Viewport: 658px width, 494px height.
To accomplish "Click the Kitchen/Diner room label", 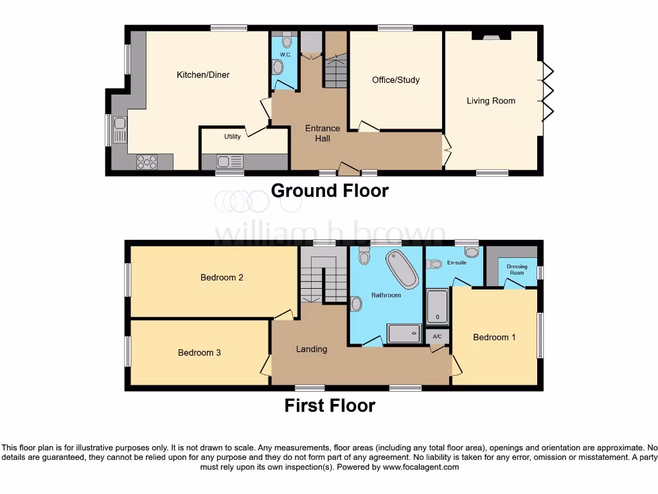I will pyautogui.click(x=203, y=75).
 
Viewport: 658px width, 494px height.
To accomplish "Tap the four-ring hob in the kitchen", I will pyautogui.click(x=147, y=162).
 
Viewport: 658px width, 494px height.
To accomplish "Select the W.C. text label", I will pyautogui.click(x=286, y=55).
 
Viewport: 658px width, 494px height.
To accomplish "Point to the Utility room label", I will pyautogui.click(x=232, y=136).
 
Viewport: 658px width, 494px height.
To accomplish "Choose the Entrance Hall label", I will pyautogui.click(x=323, y=133).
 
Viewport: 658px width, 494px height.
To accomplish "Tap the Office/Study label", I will pyautogui.click(x=396, y=80).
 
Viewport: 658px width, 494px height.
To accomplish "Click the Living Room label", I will pyautogui.click(x=491, y=100).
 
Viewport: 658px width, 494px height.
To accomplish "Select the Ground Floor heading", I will pyautogui.click(x=330, y=190).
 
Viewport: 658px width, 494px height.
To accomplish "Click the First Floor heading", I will pyautogui.click(x=330, y=405).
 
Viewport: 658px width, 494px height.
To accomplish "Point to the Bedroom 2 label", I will pyautogui.click(x=222, y=278).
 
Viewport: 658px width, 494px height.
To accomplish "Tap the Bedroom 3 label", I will pyautogui.click(x=199, y=352).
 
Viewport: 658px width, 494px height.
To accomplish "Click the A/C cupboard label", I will pyautogui.click(x=437, y=336).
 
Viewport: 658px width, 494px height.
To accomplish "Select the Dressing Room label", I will pyautogui.click(x=517, y=270).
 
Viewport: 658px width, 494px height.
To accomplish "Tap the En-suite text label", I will pyautogui.click(x=456, y=262).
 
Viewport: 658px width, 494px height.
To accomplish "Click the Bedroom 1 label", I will pyautogui.click(x=494, y=337).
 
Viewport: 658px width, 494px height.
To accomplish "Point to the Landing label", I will pyautogui.click(x=312, y=349).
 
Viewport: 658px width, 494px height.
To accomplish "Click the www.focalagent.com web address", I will pyautogui.click(x=420, y=467).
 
